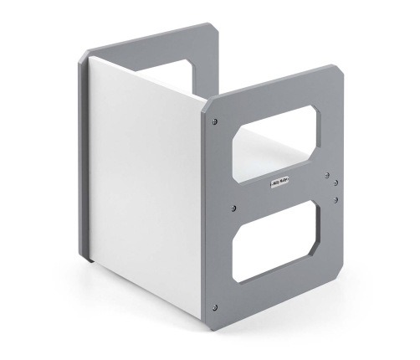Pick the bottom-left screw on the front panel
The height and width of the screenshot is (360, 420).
(x=217, y=306)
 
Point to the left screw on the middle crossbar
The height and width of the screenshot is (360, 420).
(x=234, y=208)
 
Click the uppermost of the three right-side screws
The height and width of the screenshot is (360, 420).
(x=327, y=174)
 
